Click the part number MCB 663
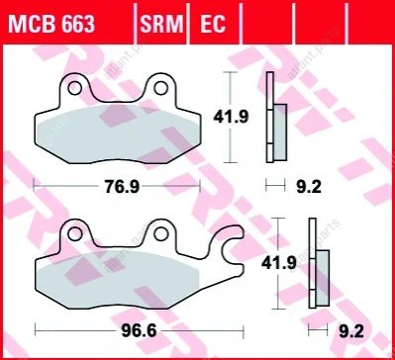pos(51,24)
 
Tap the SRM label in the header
pos(161,24)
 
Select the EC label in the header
pos(213,24)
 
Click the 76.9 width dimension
pos(122,187)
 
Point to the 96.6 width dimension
pos(139,331)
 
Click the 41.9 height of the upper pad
pos(231,117)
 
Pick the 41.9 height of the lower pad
pos(279,263)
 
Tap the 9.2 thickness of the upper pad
pos(309,187)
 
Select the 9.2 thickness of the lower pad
pos(351,331)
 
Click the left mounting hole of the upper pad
pos(74,88)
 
